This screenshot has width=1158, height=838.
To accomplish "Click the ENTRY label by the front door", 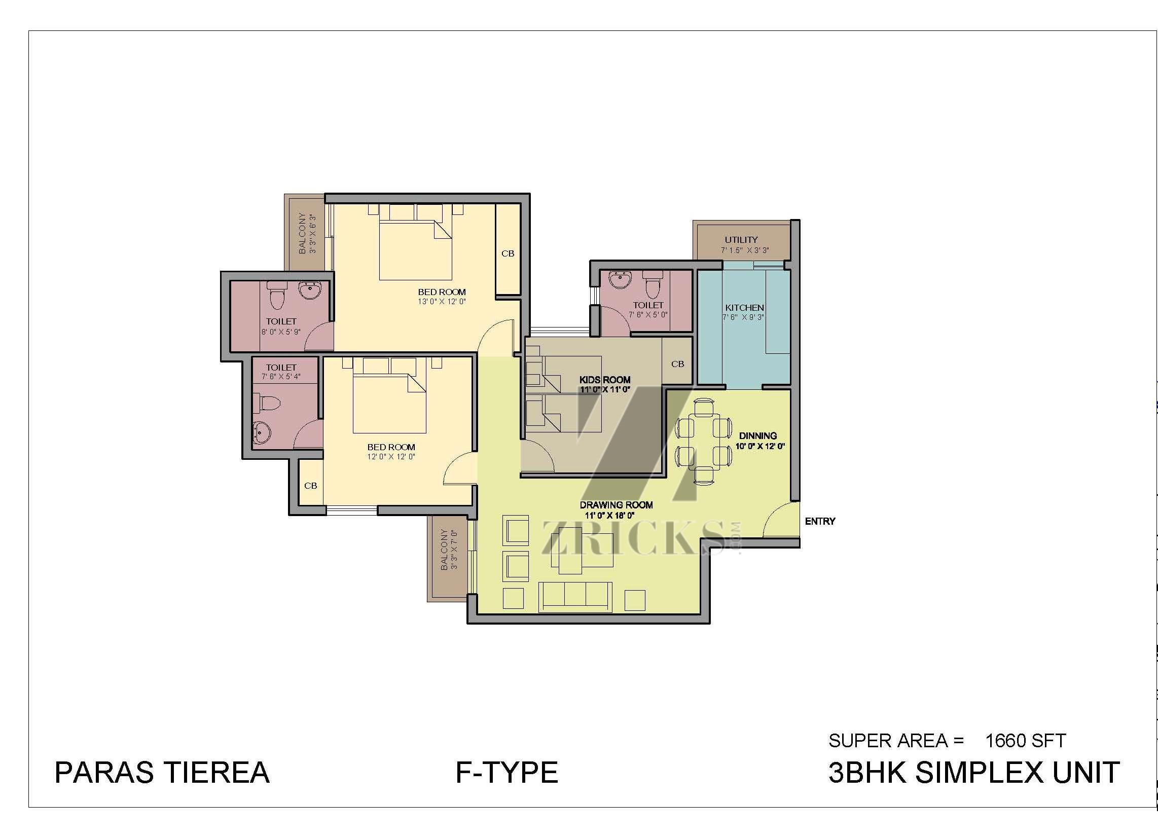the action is pyautogui.click(x=820, y=521).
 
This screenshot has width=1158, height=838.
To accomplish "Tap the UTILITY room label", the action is pyautogui.click(x=741, y=239).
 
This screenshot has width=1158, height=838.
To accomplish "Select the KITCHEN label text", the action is pyautogui.click(x=744, y=307).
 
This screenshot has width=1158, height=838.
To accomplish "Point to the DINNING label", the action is pyautogui.click(x=757, y=435).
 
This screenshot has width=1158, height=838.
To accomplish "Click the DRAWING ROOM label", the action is pyautogui.click(x=616, y=504).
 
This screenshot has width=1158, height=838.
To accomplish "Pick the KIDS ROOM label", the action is pyautogui.click(x=604, y=379).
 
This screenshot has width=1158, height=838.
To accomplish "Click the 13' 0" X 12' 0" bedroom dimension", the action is pyautogui.click(x=442, y=301).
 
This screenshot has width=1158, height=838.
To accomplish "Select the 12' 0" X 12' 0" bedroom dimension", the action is pyautogui.click(x=391, y=457).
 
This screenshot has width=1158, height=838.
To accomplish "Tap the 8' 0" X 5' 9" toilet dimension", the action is pyautogui.click(x=281, y=332).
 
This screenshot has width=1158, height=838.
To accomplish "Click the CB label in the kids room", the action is pyautogui.click(x=677, y=364).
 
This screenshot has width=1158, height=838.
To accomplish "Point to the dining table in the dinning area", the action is pyautogui.click(x=704, y=442).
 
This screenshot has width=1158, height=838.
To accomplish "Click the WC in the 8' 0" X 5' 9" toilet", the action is pyautogui.click(x=276, y=296).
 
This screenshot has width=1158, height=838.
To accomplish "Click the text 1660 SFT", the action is pyautogui.click(x=1025, y=741).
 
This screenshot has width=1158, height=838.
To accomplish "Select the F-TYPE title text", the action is pyautogui.click(x=506, y=772).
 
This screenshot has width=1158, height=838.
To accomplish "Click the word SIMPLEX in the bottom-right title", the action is pyautogui.click(x=980, y=772).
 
